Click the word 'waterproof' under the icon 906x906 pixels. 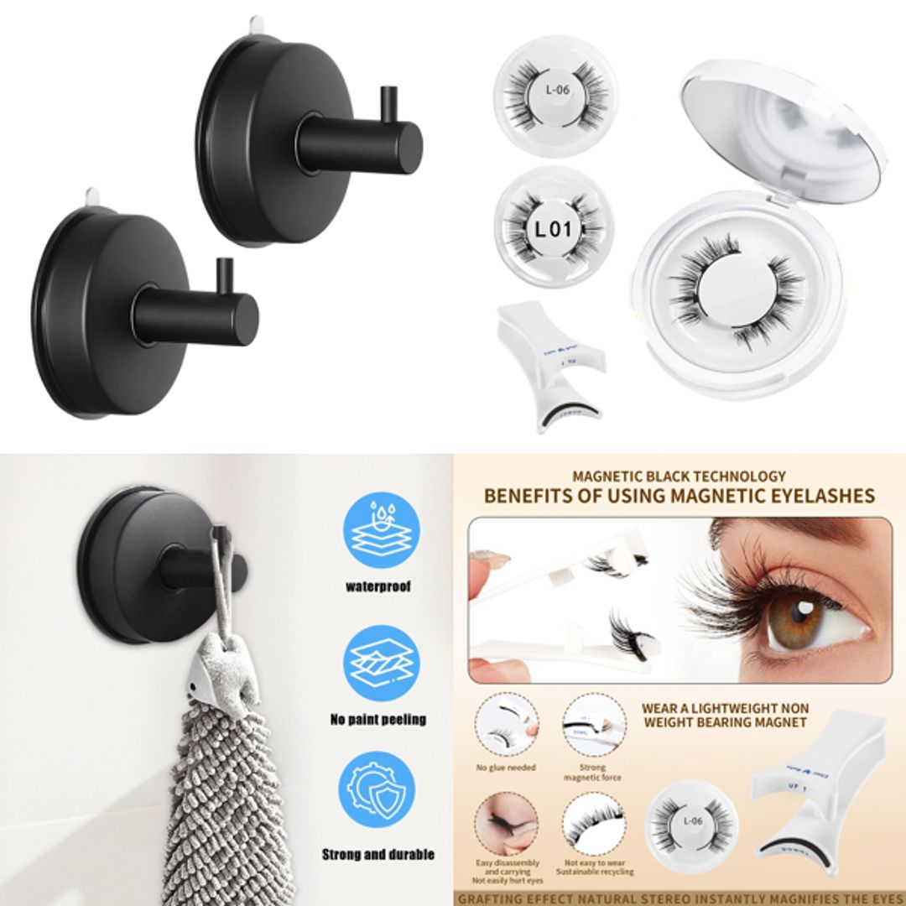[x=378, y=587]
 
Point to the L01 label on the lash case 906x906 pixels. [x=553, y=227]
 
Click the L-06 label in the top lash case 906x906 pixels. [x=557, y=89]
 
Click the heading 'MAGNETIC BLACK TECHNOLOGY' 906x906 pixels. [x=679, y=476]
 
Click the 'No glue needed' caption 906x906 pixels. [x=506, y=768]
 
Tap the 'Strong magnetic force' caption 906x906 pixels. [x=593, y=773]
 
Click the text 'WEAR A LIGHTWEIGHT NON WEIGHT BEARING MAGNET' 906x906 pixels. [x=725, y=715]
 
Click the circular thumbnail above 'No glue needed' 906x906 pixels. [x=506, y=726]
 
